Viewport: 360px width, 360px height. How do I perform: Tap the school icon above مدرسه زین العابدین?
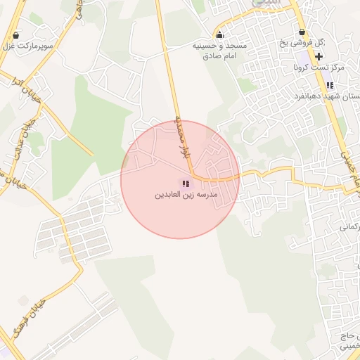[185, 184]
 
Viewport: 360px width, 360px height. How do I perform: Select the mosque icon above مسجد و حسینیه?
[220, 35]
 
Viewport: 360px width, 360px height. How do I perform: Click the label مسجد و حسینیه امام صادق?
[220, 50]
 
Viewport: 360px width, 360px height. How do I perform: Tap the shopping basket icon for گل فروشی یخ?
[302, 32]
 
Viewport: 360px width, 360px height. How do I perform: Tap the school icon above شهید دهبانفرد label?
[330, 85]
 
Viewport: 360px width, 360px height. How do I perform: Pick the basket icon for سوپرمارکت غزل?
[16, 35]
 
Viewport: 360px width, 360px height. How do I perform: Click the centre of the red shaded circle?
[180, 179]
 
